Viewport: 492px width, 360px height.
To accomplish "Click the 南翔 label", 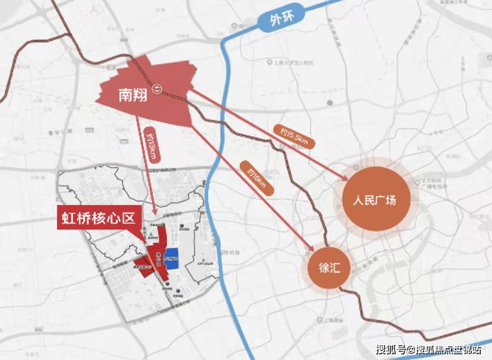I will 136,95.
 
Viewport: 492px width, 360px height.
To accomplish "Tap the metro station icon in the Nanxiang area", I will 158,88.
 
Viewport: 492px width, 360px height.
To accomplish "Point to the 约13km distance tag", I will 149,148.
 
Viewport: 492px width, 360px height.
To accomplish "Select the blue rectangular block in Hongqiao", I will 171,258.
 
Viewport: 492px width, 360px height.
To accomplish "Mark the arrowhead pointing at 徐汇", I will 313,250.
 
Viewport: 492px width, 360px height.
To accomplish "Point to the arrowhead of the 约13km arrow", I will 154,208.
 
